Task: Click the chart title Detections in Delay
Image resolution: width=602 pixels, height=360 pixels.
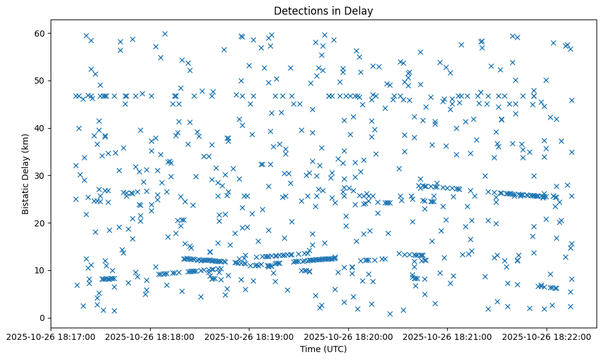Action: point(323,10)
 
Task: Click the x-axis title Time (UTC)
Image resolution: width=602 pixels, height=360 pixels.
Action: point(323,349)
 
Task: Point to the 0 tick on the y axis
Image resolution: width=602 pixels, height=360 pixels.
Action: point(43,318)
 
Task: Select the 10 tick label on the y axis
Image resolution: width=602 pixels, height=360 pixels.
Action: point(40,270)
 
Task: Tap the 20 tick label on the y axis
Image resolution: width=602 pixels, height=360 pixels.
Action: point(40,223)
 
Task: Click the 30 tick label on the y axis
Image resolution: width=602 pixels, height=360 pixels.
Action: point(40,176)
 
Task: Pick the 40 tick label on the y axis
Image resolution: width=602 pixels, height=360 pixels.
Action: point(40,128)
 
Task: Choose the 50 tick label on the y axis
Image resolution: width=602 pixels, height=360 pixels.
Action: point(40,81)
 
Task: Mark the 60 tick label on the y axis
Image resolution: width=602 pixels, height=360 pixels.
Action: point(40,33)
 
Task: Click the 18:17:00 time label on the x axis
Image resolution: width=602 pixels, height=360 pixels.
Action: point(51,336)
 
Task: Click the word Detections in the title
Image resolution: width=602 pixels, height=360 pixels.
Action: point(300,10)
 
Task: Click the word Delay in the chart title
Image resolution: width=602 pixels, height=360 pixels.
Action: point(360,10)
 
